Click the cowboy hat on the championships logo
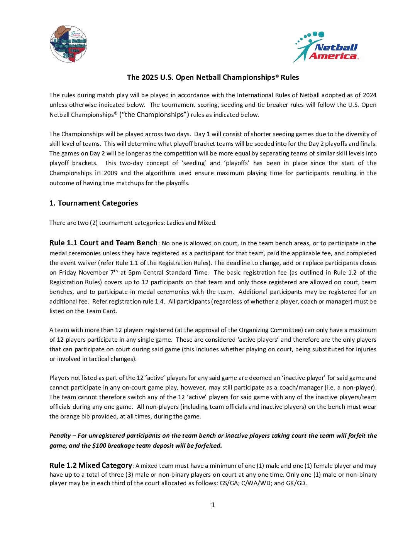tap(63, 32)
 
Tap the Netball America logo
tap(327, 47)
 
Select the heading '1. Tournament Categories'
tap(93, 203)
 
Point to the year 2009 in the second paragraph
tap(111, 173)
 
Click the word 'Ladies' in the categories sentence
tap(175, 223)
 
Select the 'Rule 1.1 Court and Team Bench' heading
tap(103, 243)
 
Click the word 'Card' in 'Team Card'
tap(109, 311)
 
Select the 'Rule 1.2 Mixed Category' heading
tap(91, 465)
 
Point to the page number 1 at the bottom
tap(213, 505)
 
